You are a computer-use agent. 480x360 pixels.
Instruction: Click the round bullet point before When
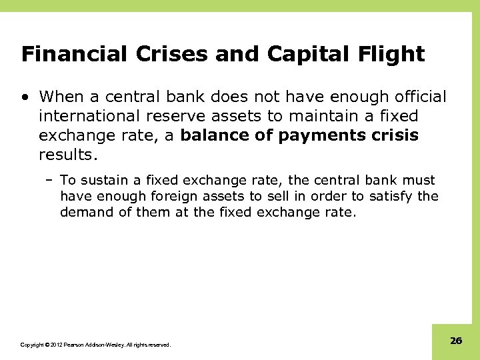point(25,98)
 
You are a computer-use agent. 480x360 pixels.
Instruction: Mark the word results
point(68,155)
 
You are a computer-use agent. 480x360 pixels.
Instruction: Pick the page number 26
point(456,341)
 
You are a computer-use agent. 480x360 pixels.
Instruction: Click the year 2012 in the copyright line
point(55,345)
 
